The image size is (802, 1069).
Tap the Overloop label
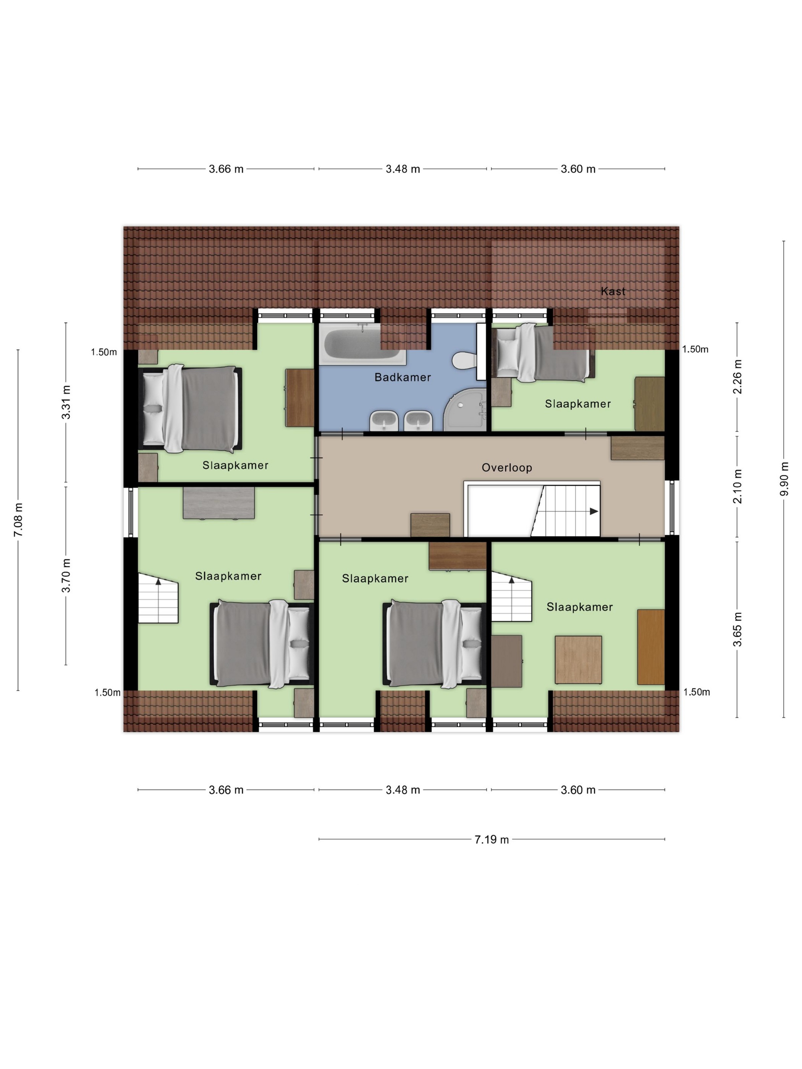pyautogui.click(x=507, y=467)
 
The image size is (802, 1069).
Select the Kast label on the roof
pyautogui.click(x=613, y=291)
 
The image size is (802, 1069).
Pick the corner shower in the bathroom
pyautogui.click(x=464, y=410)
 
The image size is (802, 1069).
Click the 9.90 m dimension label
pyautogui.click(x=784, y=478)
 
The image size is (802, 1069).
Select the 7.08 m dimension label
pyautogui.click(x=18, y=520)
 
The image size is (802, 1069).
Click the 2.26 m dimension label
pyautogui.click(x=737, y=376)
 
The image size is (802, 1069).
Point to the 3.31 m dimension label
pyautogui.click(x=66, y=402)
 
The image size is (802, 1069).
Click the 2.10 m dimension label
pyautogui.click(x=737, y=486)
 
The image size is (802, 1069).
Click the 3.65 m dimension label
pyautogui.click(x=737, y=629)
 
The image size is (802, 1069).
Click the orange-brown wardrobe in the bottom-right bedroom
pyautogui.click(x=651, y=647)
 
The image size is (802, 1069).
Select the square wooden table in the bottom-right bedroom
pyautogui.click(x=578, y=659)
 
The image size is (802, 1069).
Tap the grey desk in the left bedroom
pyautogui.click(x=218, y=502)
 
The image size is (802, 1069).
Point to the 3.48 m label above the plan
pyautogui.click(x=403, y=169)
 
